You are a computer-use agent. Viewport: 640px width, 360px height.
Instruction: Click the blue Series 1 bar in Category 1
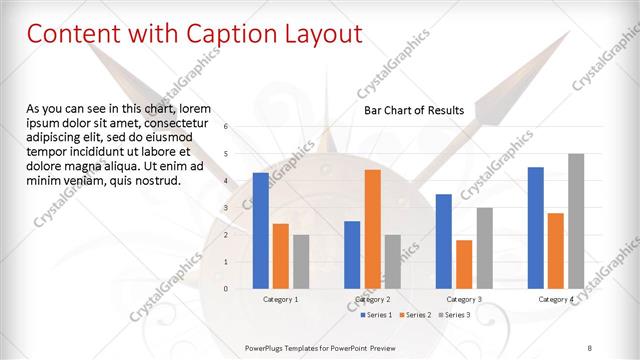[261, 230]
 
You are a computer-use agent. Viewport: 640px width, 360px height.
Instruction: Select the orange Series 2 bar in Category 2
[372, 229]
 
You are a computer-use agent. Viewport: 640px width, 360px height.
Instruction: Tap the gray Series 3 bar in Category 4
[576, 221]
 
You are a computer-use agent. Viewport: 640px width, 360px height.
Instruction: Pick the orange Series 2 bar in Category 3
[464, 264]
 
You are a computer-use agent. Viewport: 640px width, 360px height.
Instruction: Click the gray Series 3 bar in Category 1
[301, 261]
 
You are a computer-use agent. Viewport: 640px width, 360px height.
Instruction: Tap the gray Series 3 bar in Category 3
[484, 248]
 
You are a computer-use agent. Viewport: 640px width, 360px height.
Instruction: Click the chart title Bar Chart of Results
[413, 110]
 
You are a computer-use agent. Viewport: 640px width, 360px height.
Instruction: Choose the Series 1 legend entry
[377, 315]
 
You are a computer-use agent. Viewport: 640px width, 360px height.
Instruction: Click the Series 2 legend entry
[417, 315]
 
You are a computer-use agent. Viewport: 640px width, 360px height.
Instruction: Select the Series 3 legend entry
[455, 315]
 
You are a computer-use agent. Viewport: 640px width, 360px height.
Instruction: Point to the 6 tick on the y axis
[226, 127]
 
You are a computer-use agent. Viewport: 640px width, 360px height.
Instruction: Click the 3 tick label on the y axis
[226, 208]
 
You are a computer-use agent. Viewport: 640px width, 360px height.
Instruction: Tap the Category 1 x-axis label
[280, 299]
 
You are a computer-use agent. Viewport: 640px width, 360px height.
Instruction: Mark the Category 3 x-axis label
[464, 299]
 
